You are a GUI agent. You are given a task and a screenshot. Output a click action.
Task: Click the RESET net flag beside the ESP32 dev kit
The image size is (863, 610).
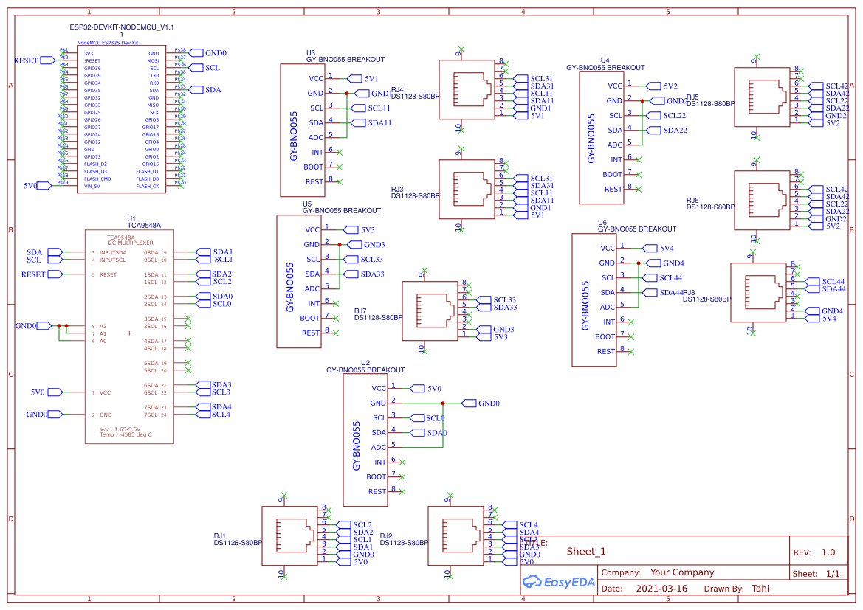[27, 60]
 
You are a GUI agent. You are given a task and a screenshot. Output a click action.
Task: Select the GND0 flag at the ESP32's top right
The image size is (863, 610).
[215, 53]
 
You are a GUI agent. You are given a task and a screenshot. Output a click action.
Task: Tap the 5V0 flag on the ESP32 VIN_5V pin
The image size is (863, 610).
[30, 186]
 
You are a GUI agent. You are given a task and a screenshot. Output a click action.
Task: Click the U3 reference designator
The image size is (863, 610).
[311, 53]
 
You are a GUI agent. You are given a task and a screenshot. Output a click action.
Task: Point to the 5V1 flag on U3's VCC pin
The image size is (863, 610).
[371, 78]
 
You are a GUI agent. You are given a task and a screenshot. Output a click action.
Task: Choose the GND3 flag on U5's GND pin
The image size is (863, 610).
[374, 244]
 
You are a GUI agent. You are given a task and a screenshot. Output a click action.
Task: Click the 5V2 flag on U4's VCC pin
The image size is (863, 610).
[670, 86]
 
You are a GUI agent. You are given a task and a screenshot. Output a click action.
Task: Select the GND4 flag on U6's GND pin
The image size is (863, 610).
[673, 263]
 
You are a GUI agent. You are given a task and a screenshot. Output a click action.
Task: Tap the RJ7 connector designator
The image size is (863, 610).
[360, 311]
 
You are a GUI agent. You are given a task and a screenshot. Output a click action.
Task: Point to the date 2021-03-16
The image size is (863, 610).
[661, 589]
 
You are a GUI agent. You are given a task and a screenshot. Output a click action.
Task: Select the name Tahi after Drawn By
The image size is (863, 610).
[760, 589]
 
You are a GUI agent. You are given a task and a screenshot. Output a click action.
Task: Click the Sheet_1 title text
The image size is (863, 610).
[586, 552]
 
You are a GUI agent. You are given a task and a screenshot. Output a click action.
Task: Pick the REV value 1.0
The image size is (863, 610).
[828, 552]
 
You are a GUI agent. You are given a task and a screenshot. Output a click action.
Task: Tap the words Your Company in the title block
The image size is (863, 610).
[681, 572]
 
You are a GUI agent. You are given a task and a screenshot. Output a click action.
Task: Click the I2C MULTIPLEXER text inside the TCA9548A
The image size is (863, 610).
[130, 242]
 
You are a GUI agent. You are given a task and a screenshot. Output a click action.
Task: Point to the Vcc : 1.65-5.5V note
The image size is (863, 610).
[120, 429]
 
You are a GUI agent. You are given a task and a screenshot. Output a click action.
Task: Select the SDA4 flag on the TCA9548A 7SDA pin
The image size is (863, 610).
[221, 407]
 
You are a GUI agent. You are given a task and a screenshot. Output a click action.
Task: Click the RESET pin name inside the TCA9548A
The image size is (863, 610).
[108, 274]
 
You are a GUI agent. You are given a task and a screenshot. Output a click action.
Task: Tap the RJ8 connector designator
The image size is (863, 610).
[689, 293]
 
